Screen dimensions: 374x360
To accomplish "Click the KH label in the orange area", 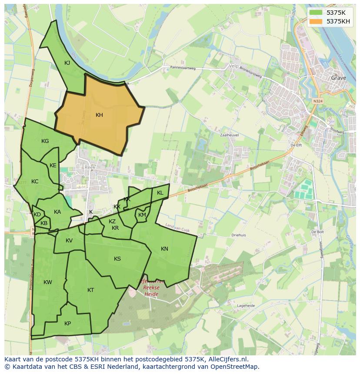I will point(99,115).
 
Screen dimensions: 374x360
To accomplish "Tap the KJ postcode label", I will point(67,63).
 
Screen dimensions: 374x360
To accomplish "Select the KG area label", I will point(45,141).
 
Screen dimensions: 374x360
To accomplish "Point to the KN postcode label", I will point(164,249).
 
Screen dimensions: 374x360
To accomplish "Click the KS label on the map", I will point(117,259).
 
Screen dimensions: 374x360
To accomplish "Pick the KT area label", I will point(90,290).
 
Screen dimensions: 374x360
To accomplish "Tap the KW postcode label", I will point(48,282).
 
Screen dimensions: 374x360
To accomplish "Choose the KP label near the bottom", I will point(67,324).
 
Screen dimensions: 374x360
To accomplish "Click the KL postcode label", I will point(160,193).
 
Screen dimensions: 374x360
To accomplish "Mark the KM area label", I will point(142,215).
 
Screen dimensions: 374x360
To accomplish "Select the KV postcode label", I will point(69,241).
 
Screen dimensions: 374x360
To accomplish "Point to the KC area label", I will point(35,182).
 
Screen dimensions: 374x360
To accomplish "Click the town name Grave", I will point(339,78).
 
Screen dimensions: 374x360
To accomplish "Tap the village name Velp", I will point(233,66).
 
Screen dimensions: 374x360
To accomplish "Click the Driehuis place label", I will point(239,235).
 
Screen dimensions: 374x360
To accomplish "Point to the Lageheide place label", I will point(246,306).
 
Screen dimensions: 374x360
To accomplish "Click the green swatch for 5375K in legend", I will point(316,13).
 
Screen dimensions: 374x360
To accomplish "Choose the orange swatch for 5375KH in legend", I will point(316,21).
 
